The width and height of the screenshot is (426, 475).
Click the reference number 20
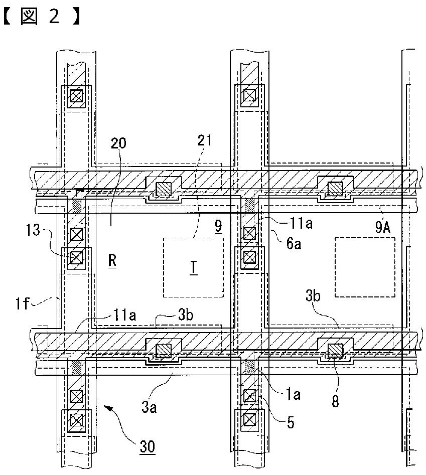(x=118, y=142)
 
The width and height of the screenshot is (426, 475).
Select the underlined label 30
(x=147, y=446)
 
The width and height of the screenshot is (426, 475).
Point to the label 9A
(x=383, y=227)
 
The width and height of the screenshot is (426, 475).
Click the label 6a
(x=294, y=243)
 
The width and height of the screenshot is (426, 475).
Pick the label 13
(x=33, y=230)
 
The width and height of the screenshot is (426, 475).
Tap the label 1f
(x=23, y=303)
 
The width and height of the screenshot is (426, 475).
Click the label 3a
(x=149, y=407)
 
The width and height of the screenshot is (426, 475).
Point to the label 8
(x=335, y=401)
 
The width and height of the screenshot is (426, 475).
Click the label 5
(x=291, y=422)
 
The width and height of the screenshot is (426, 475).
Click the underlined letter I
(x=193, y=268)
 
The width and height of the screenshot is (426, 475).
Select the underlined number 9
(x=218, y=226)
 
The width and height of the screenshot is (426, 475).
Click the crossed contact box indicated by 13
(x=76, y=258)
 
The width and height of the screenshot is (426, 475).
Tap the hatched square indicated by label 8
(x=335, y=350)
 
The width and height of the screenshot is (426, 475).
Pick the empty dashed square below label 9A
(x=365, y=267)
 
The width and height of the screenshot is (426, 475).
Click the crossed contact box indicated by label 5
(x=250, y=396)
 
